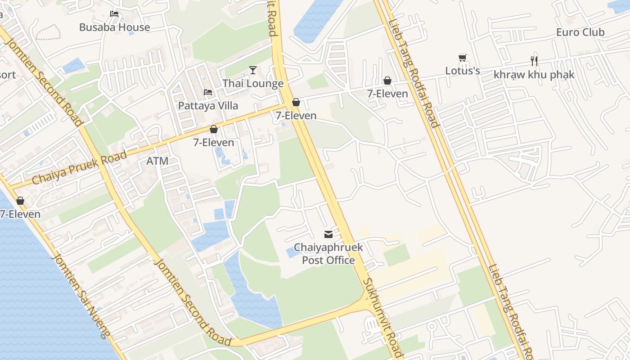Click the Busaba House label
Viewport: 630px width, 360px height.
click(x=114, y=27)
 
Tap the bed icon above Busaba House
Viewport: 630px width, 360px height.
click(x=114, y=14)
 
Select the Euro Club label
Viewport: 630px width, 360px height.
click(x=580, y=32)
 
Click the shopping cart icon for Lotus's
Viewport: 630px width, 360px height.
click(x=463, y=58)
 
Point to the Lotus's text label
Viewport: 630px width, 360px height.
click(x=463, y=71)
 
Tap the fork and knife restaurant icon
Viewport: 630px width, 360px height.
click(x=534, y=61)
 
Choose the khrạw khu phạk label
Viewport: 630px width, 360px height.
click(x=534, y=74)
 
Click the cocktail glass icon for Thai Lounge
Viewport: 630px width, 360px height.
click(x=253, y=70)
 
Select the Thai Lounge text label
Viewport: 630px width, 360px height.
click(x=253, y=83)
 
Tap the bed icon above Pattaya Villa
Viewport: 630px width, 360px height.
click(x=208, y=92)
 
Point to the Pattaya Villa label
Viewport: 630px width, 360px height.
click(x=208, y=105)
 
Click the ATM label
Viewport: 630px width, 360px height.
click(x=157, y=161)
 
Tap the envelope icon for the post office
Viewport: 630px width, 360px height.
click(x=328, y=234)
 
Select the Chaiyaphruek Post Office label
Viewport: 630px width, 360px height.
click(x=328, y=254)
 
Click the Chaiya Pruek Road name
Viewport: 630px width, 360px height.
click(x=79, y=168)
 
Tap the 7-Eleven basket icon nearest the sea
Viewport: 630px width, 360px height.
click(x=20, y=201)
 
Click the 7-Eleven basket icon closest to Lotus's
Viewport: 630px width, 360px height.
click(x=387, y=81)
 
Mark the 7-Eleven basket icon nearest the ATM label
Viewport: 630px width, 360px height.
click(x=214, y=129)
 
